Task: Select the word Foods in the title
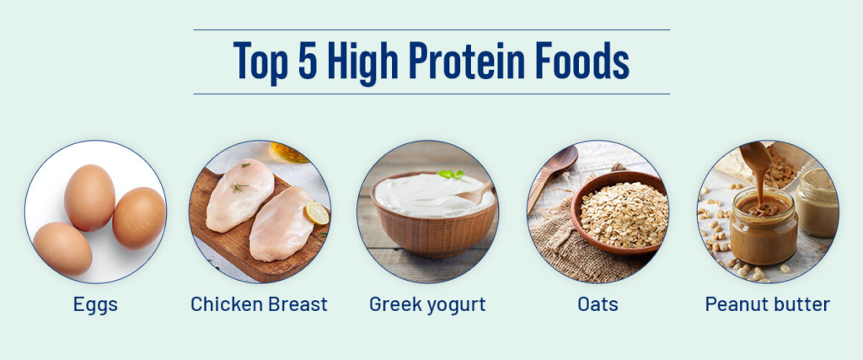pyautogui.click(x=582, y=62)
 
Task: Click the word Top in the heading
pyautogui.click(x=260, y=62)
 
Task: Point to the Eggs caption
pyautogui.click(x=95, y=304)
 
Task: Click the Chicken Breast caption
pyautogui.click(x=259, y=304)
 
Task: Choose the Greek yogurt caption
pyautogui.click(x=427, y=304)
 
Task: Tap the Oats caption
pyautogui.click(x=598, y=304)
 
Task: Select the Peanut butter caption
pyautogui.click(x=767, y=304)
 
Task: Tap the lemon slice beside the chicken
pyautogui.click(x=317, y=213)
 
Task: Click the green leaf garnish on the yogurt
pyautogui.click(x=451, y=175)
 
